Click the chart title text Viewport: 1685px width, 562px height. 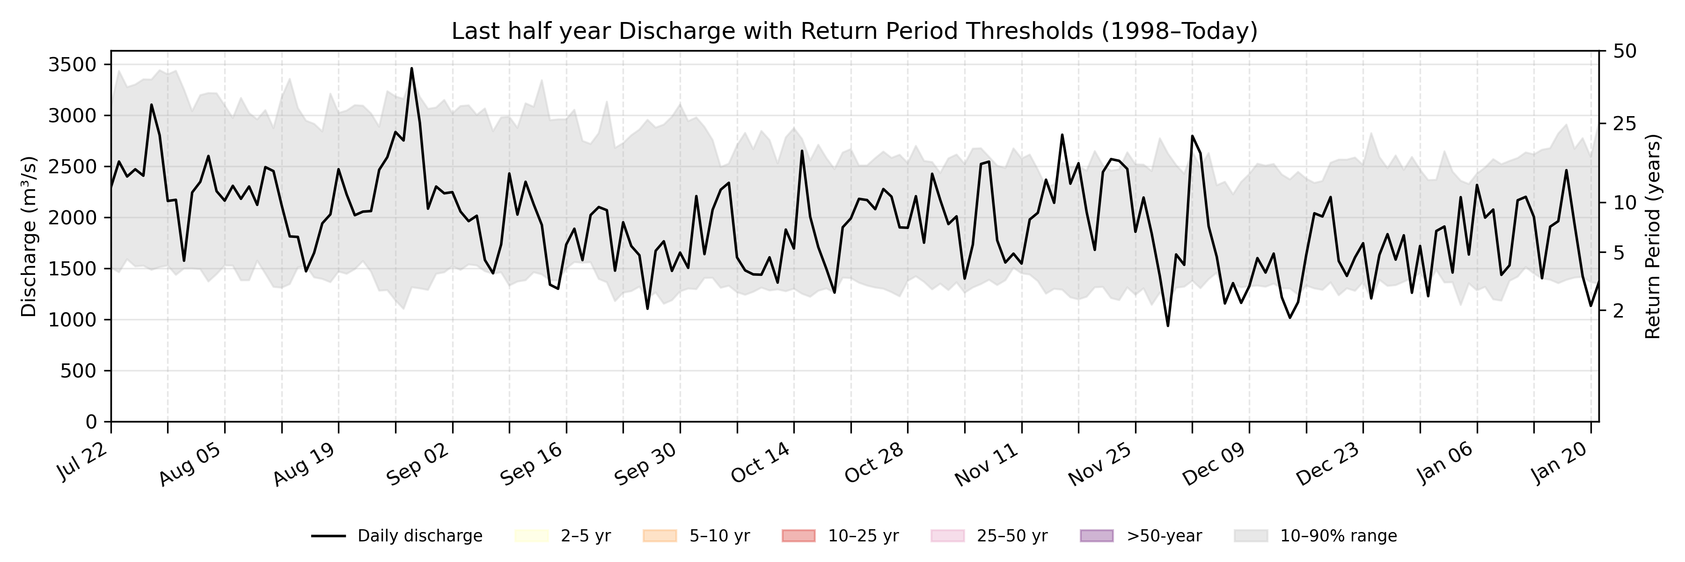pos(854,31)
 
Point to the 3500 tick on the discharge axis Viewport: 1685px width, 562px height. pos(72,65)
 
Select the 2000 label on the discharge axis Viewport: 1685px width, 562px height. pos(72,218)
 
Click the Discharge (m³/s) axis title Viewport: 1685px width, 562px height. pos(28,236)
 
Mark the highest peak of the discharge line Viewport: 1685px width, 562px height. pos(411,68)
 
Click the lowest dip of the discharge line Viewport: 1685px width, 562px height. pos(1168,325)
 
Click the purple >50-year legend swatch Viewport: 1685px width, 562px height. pos(1096,536)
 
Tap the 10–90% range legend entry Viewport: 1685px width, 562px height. pos(1315,536)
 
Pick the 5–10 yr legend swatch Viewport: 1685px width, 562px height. pos(659,536)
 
